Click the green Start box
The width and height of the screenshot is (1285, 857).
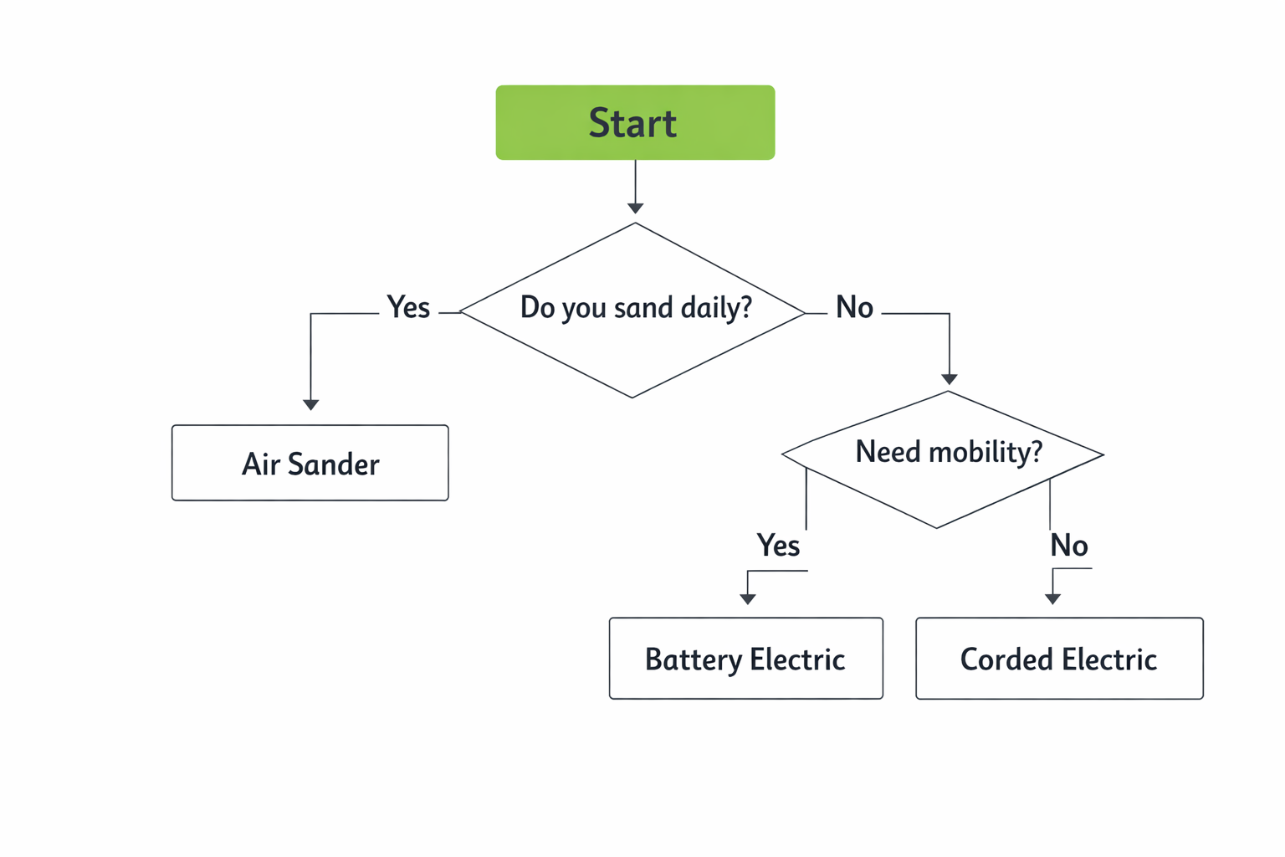click(635, 122)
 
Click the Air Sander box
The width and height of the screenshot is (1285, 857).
click(310, 463)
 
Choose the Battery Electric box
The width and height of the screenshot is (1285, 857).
click(745, 659)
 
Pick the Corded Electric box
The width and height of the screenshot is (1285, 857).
click(1059, 659)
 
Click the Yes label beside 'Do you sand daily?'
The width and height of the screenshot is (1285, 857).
click(408, 307)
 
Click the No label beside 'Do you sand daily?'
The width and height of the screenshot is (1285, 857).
click(854, 307)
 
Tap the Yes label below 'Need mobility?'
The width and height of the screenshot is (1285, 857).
click(778, 546)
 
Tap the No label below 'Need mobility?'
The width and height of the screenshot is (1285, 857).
click(1069, 546)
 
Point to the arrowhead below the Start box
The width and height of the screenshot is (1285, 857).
click(635, 208)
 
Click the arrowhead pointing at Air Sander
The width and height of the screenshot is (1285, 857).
click(310, 404)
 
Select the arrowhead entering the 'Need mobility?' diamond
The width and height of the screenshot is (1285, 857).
click(949, 379)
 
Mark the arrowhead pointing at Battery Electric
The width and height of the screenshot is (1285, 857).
click(748, 598)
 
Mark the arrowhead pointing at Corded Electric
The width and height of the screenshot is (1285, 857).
click(1052, 598)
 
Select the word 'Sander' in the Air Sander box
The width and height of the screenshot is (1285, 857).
click(334, 464)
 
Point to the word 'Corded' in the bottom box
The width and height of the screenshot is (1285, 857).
click(1007, 659)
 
